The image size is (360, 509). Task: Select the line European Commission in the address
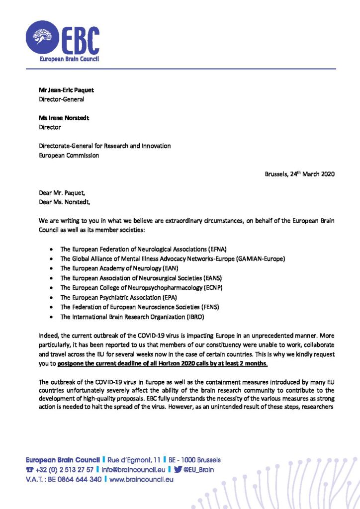pyautogui.click(x=69, y=155)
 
